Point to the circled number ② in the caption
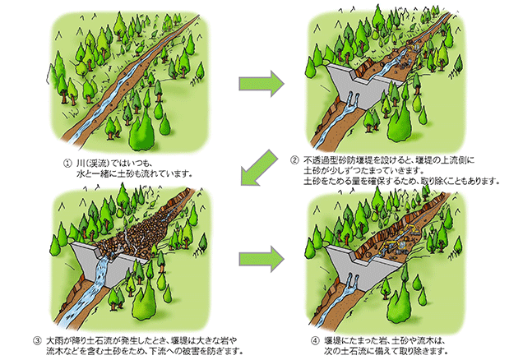tap(296, 158)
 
